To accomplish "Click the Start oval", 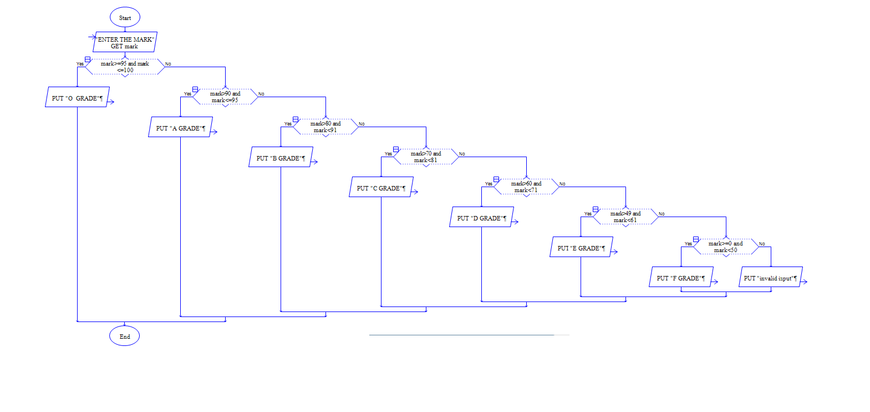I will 125,18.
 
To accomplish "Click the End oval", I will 125,336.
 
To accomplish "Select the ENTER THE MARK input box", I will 125,42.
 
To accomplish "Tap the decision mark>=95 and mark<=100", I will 125,67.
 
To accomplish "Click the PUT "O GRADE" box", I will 77,98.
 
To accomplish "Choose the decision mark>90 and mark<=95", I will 225,97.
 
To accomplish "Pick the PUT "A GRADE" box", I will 180,128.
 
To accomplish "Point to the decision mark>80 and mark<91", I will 325,127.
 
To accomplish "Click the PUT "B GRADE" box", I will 281,158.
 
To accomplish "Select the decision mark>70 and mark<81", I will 426,157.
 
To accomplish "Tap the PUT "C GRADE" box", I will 381,188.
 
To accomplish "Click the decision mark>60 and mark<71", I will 526,187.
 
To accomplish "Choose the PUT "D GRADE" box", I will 481,218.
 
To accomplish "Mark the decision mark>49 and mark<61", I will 625,217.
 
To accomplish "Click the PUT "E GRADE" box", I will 581,248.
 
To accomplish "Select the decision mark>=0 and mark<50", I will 726,247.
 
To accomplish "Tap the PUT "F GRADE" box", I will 681,278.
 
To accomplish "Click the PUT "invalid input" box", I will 770,278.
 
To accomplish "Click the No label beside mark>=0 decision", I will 762,244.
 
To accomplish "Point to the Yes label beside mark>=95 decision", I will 80,64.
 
